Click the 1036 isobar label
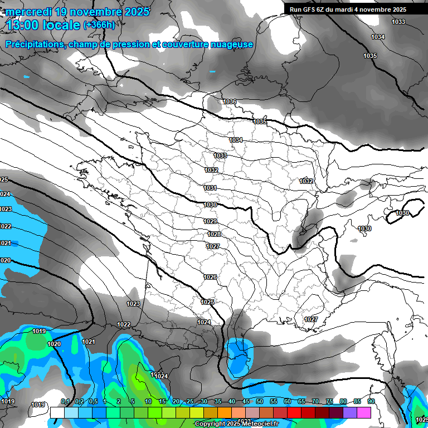pyautogui.click(x=230, y=101)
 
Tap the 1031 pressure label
pyautogui.click(x=210, y=188)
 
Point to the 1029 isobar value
pyautogui.click(x=210, y=222)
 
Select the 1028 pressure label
pyautogui.click(x=214, y=235)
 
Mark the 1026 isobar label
pyautogui.click(x=210, y=278)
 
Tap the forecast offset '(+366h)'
pyautogui.click(x=99, y=25)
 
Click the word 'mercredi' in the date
pyautogui.click(x=32, y=11)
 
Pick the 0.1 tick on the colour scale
pyautogui.click(x=65, y=402)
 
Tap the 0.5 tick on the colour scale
pyautogui.click(x=93, y=402)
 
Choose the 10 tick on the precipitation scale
pyautogui.click(x=148, y=402)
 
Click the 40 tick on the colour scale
pyautogui.click(x=232, y=402)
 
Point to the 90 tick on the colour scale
pyautogui.click(x=371, y=402)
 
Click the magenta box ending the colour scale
pyautogui.click(x=364, y=412)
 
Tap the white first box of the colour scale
pyautogui.click(x=57, y=412)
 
